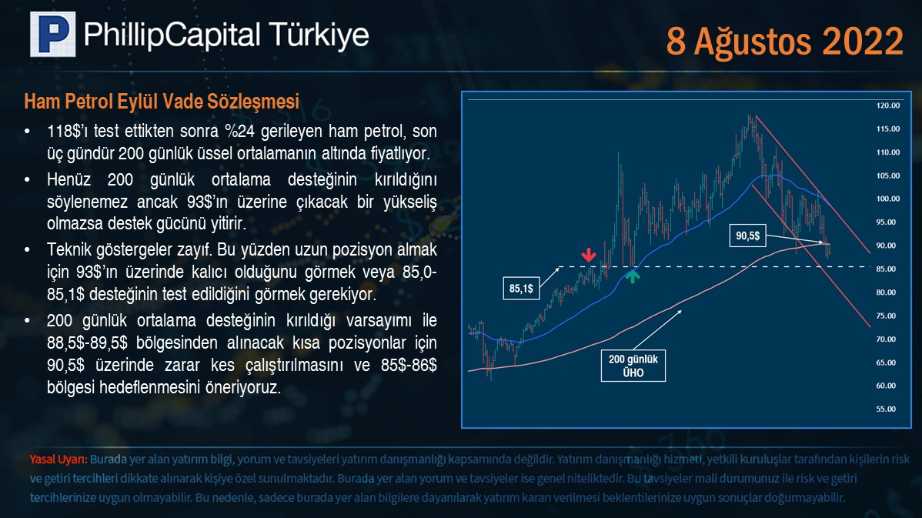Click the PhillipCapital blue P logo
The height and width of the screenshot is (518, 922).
[53, 34]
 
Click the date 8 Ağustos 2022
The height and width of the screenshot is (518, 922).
[784, 41]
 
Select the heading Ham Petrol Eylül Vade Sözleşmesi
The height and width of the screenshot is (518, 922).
[162, 102]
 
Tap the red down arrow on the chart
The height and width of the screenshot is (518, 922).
[589, 255]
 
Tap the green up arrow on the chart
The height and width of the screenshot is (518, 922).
[632, 276]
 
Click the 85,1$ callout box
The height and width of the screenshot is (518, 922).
[521, 288]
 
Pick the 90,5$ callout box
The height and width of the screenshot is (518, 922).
[748, 236]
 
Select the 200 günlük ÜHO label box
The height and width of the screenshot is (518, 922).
[633, 366]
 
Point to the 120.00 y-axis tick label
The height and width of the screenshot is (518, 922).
[888, 106]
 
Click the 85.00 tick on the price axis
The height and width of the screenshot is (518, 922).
[886, 269]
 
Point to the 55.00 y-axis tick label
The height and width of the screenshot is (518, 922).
[886, 409]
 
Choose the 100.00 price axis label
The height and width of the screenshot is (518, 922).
[888, 199]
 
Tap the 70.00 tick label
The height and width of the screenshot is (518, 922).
[886, 339]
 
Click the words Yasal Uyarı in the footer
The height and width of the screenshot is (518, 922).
[58, 460]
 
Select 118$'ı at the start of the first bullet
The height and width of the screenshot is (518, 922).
[66, 131]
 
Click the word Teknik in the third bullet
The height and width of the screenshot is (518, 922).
[68, 249]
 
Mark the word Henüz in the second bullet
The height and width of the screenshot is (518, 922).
[69, 179]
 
